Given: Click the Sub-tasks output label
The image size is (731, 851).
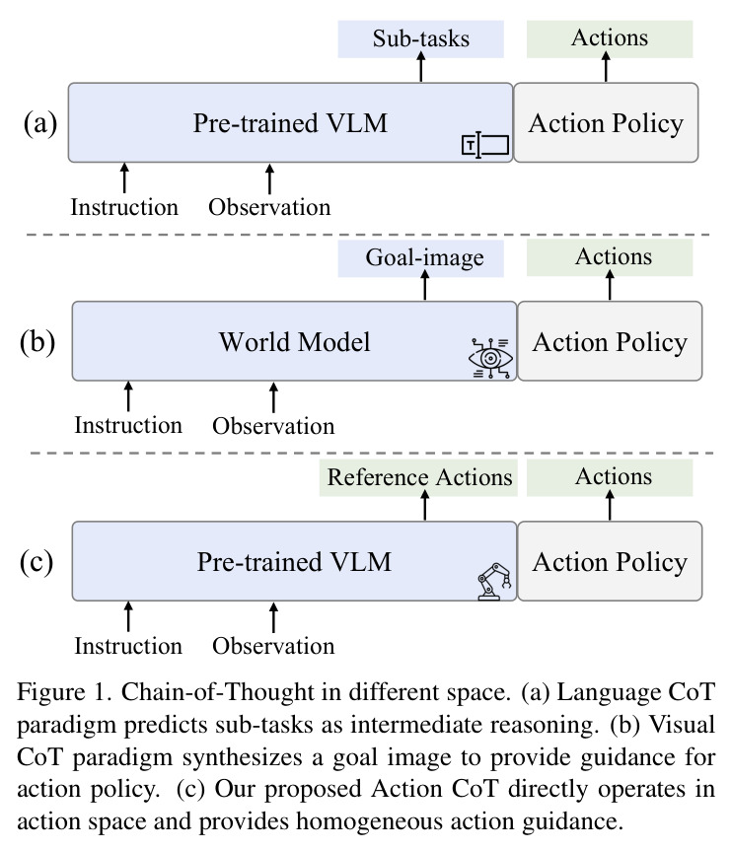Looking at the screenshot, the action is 421,39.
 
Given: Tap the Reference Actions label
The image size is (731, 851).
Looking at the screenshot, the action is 418,477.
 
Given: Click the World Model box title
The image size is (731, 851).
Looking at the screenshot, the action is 294,342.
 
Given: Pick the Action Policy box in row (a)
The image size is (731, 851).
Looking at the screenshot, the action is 606,122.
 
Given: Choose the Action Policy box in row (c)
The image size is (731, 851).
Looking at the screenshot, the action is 610,561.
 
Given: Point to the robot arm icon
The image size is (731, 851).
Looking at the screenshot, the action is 495,581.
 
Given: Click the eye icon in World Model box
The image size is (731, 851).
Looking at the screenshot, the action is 490,358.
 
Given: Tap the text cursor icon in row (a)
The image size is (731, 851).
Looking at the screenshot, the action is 485,145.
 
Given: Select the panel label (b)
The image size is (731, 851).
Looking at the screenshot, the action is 37,342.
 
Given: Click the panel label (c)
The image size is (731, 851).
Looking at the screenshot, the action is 37,562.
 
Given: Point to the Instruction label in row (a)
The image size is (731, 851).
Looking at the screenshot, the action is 124,207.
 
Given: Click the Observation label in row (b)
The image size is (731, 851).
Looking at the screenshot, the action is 273,426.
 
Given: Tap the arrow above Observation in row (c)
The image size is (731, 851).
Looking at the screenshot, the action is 273,617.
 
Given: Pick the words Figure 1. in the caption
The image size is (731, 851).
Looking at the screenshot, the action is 64,692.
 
